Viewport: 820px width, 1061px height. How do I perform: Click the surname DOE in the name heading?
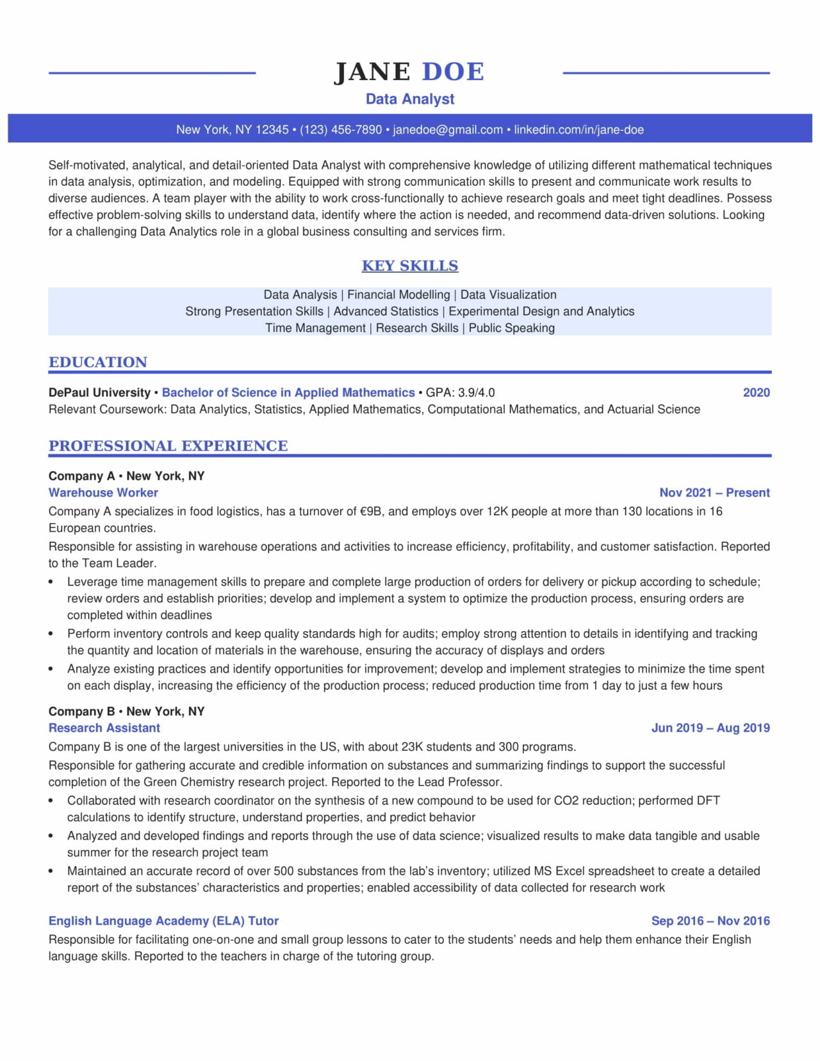point(453,72)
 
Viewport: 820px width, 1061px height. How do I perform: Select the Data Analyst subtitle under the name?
point(410,99)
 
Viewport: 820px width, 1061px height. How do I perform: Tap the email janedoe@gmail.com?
point(447,129)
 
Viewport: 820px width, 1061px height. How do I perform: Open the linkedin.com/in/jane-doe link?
point(578,129)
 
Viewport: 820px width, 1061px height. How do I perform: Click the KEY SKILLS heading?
point(410,266)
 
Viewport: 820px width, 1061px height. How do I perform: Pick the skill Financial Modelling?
point(398,295)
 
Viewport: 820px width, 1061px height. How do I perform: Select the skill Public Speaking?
point(511,328)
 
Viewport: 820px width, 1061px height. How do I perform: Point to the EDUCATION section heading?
point(98,362)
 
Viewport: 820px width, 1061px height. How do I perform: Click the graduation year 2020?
point(756,393)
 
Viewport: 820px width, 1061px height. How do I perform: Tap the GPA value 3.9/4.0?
point(476,393)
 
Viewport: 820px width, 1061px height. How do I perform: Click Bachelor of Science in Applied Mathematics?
point(288,393)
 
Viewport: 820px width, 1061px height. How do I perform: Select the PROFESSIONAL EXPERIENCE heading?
point(168,446)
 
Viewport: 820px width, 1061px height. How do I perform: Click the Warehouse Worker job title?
point(103,493)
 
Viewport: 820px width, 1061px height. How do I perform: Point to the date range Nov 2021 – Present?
point(714,493)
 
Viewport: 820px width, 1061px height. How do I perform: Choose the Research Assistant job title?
point(104,728)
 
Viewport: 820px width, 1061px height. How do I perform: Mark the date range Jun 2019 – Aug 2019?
point(710,728)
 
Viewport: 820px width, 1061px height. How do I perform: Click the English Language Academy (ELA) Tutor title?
point(163,921)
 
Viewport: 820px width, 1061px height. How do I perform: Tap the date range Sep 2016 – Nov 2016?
point(710,921)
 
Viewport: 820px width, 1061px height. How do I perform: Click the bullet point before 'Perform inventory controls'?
point(51,634)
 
